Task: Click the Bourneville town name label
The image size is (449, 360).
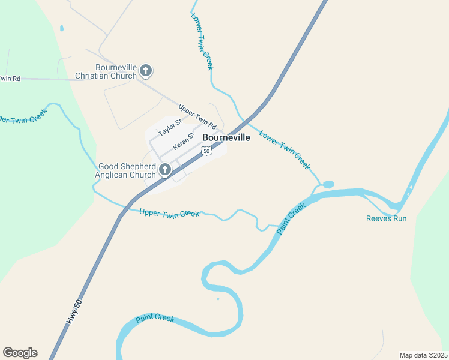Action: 226,137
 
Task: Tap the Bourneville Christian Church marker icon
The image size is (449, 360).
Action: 145,71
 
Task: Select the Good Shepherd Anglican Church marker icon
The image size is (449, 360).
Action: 165,171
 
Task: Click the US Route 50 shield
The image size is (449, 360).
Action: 206,151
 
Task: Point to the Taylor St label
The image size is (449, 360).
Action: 170,128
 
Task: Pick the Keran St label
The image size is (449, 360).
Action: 184,142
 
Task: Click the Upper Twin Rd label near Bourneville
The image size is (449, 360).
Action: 197,117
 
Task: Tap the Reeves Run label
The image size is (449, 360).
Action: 386,218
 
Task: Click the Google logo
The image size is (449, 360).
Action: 20,353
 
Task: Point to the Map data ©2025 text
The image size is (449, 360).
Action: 424,355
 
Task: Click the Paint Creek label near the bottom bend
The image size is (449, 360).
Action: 155,319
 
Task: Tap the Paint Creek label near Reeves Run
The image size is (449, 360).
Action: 292,218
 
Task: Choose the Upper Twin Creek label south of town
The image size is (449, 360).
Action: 169,213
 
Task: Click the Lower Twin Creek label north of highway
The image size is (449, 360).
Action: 202,41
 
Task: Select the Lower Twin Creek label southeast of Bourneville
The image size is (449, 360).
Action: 285,150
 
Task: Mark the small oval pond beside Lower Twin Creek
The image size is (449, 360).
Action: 328,184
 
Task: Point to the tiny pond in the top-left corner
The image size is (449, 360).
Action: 61,28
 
